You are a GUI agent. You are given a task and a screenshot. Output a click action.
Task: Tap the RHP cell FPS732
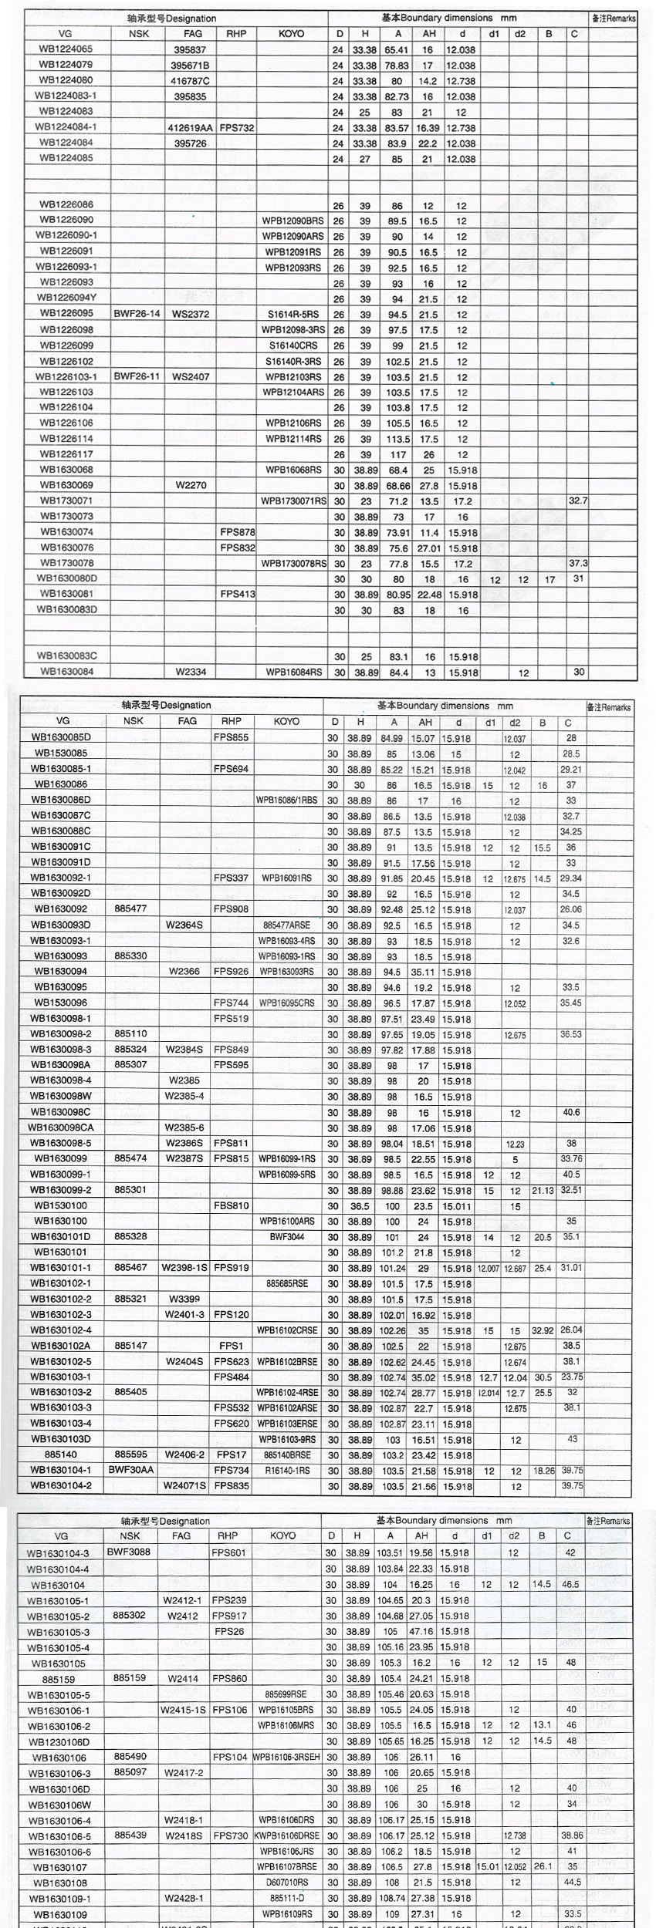pos(236,128)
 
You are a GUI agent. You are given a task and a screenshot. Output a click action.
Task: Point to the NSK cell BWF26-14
pos(137,314)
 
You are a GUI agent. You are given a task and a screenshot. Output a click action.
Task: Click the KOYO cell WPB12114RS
pos(294,439)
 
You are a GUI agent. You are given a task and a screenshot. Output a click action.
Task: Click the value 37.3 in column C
pos(577,563)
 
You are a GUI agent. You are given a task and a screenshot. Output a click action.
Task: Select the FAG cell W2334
pos(191,672)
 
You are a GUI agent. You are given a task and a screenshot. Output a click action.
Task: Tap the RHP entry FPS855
pos(231,737)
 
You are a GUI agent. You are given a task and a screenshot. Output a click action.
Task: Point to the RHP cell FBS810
pos(231,1205)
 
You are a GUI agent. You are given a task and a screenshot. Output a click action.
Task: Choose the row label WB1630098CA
pos(60,1127)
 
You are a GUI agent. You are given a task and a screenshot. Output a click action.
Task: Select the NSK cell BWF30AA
pos(130,1470)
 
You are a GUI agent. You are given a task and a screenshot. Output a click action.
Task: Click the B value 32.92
pos(543,1330)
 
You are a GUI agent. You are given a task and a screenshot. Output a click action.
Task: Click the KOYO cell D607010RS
pos(286,1882)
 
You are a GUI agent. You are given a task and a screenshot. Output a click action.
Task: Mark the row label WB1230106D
pos(58,1741)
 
